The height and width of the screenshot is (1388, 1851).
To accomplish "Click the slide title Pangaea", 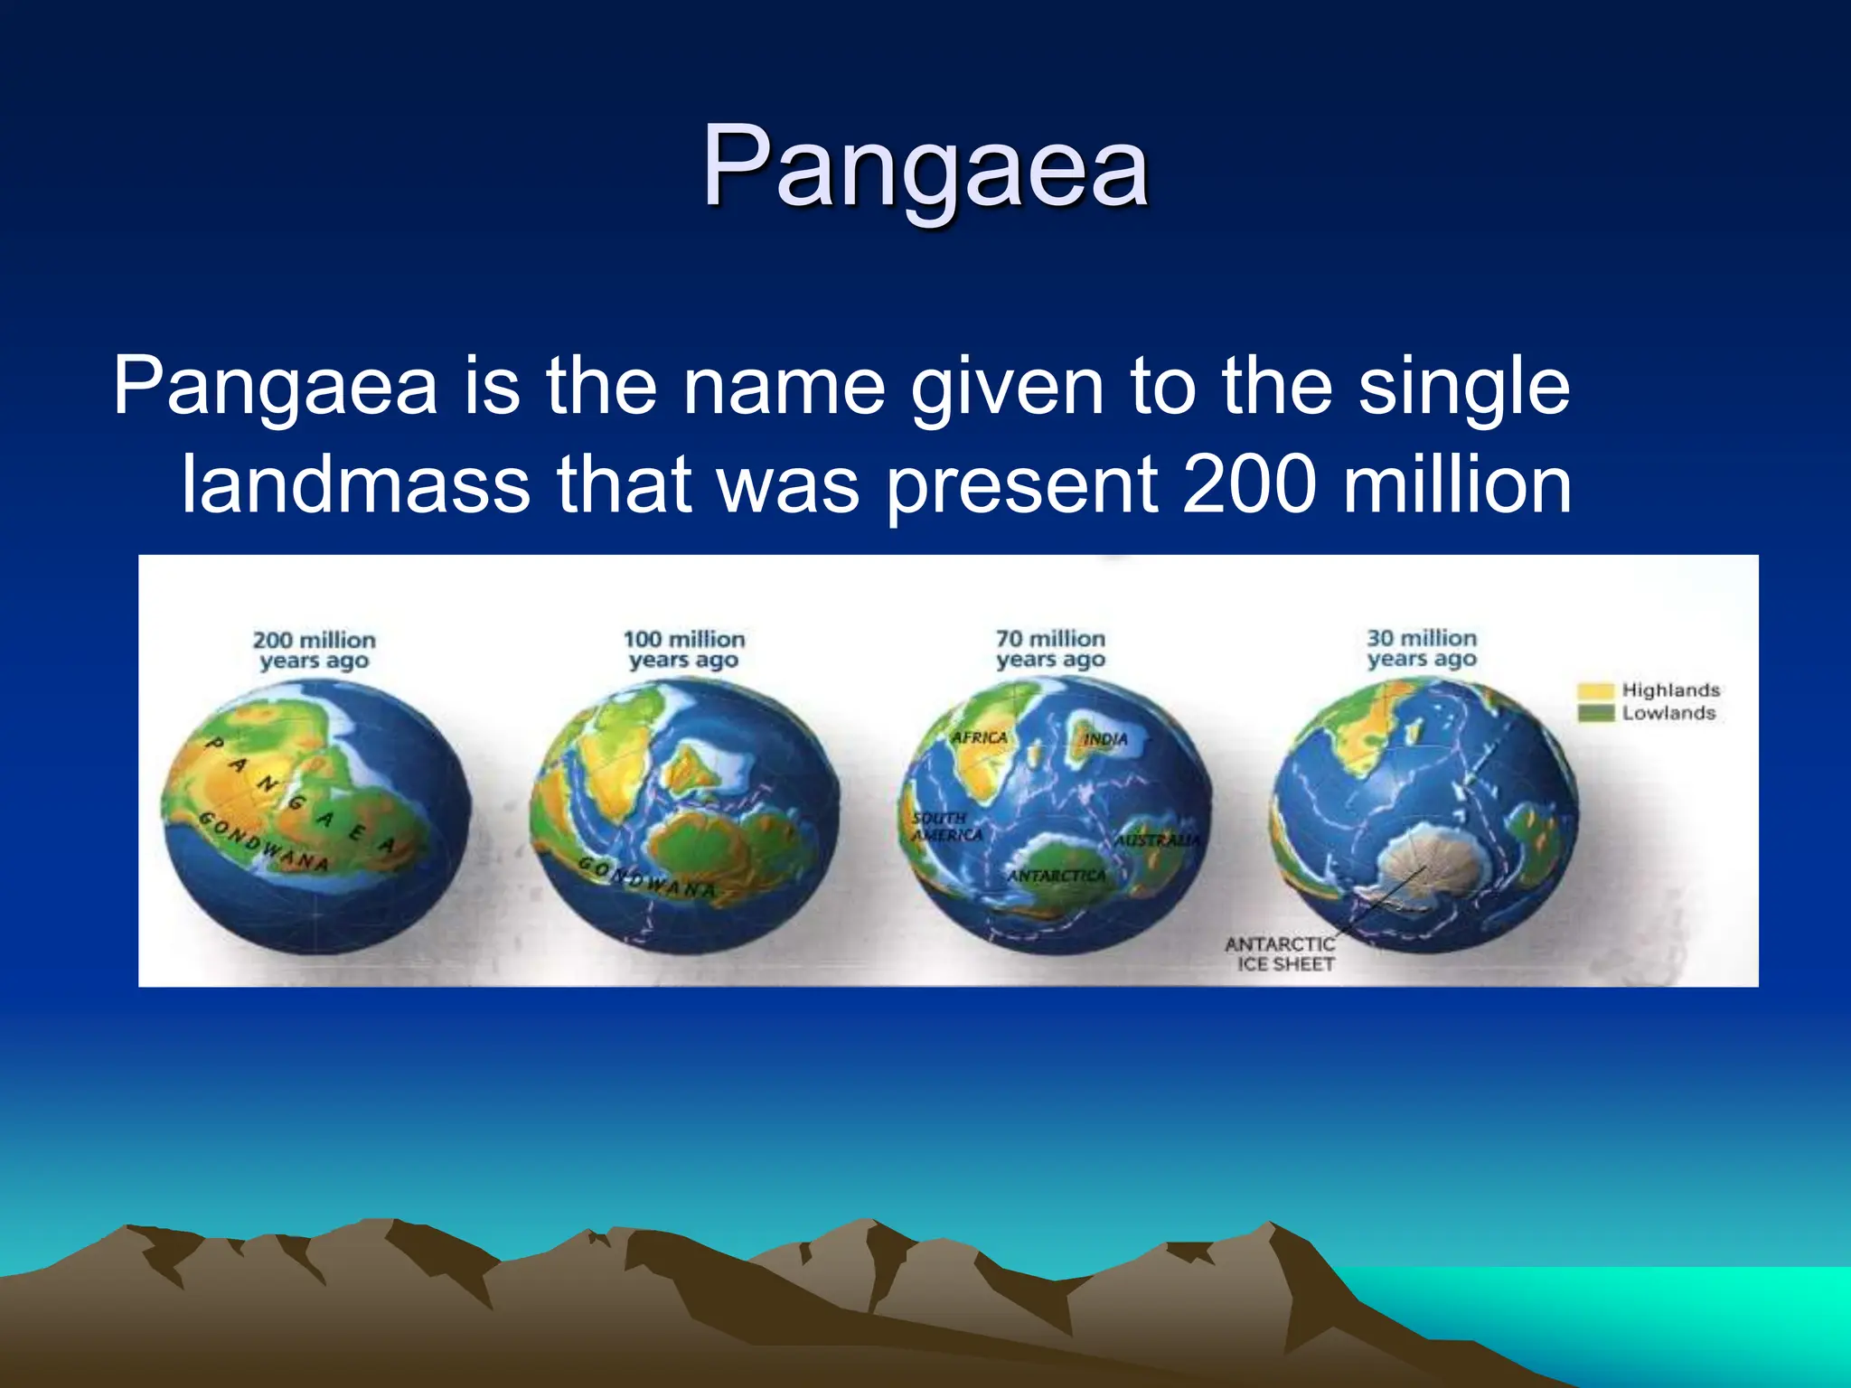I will (x=925, y=167).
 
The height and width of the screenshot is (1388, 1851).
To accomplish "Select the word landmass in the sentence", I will (x=355, y=485).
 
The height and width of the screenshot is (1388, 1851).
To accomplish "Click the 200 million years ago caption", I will (x=314, y=650).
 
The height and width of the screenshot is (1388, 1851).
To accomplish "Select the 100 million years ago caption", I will (x=684, y=650).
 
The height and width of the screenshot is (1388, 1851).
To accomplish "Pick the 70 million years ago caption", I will (x=1050, y=649).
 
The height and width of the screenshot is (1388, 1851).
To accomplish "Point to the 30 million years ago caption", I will (x=1421, y=648).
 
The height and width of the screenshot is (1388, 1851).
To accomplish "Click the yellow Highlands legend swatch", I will (x=1595, y=691).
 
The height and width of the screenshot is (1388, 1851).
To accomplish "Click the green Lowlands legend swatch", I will (x=1595, y=714).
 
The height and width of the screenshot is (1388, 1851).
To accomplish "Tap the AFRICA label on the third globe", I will (x=979, y=737).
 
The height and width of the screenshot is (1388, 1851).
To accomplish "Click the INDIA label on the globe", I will (x=1105, y=739).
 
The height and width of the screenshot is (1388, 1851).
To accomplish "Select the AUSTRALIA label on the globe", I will (x=1157, y=840).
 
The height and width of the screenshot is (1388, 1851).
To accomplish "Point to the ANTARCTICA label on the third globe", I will (x=1056, y=876).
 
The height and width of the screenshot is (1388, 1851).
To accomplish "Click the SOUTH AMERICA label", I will (x=945, y=826).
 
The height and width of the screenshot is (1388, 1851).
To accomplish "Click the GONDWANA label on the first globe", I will (x=263, y=842).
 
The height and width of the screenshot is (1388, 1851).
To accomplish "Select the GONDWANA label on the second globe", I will (x=647, y=878).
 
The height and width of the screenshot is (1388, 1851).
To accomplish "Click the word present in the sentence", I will (x=1021, y=485).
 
